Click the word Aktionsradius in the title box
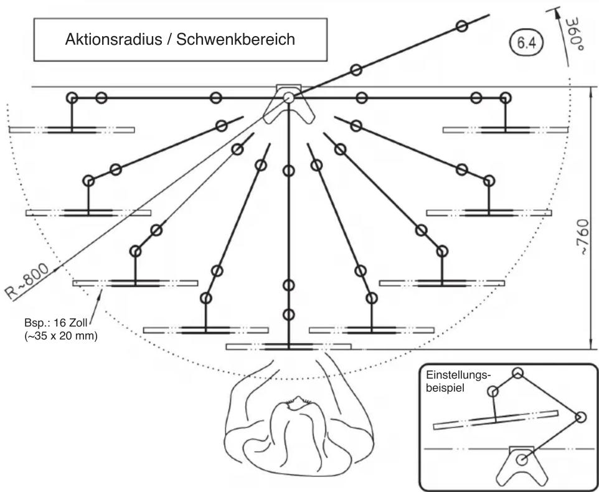(114, 39)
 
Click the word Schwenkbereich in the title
(235, 39)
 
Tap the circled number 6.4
(526, 43)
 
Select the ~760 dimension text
(583, 238)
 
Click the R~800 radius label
(27, 281)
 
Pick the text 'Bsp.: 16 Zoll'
(56, 323)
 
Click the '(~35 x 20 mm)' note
(61, 336)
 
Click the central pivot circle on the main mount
(288, 97)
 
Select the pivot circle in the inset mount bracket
(521, 460)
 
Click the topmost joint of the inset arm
(517, 373)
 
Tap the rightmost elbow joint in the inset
(580, 417)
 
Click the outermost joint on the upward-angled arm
(462, 26)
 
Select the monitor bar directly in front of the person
(288, 347)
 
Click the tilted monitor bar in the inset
(496, 420)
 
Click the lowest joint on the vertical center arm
(289, 315)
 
